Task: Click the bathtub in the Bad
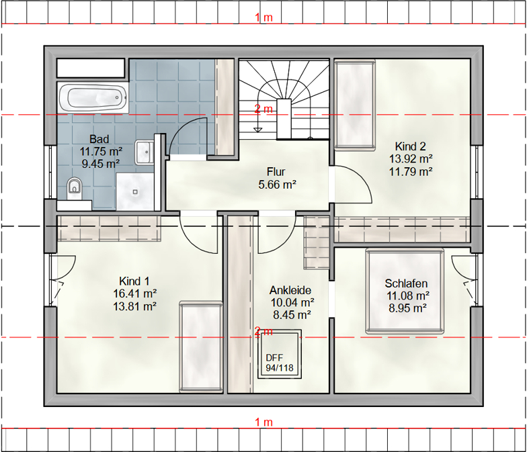click(x=93, y=98)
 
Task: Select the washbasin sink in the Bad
click(x=144, y=152)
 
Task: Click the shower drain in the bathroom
click(x=135, y=192)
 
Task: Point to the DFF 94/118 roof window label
click(x=280, y=363)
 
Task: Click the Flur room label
click(x=276, y=172)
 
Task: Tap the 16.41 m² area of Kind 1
click(x=134, y=293)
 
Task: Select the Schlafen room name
click(x=406, y=283)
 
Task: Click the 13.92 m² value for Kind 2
click(x=410, y=159)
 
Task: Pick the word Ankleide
click(x=290, y=290)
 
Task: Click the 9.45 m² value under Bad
click(x=101, y=164)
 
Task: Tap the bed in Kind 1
click(x=201, y=347)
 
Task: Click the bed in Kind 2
click(x=355, y=104)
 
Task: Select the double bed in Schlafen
click(x=405, y=291)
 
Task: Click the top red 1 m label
click(x=263, y=17)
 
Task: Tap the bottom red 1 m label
click(x=263, y=422)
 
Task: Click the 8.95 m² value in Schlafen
click(x=407, y=308)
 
